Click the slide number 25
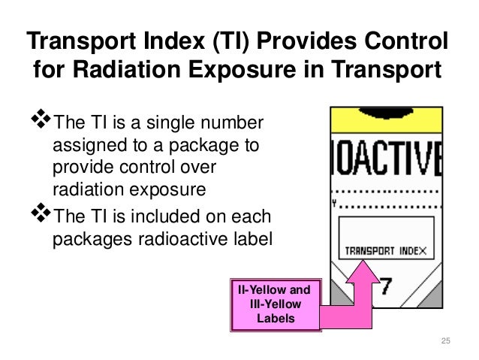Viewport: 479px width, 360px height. point(444,342)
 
